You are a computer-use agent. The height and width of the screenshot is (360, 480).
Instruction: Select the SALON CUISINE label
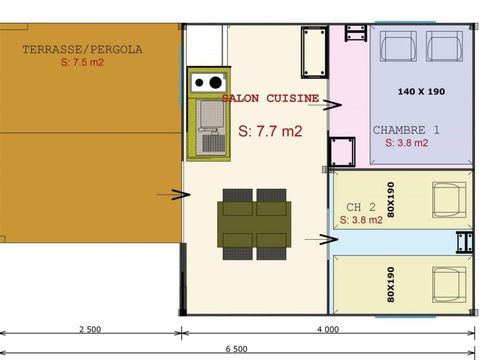click(270, 99)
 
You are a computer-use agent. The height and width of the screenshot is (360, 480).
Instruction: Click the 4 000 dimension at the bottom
click(326, 329)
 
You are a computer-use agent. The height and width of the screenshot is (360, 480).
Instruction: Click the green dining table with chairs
click(255, 220)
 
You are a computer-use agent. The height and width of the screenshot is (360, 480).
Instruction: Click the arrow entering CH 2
click(326, 238)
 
